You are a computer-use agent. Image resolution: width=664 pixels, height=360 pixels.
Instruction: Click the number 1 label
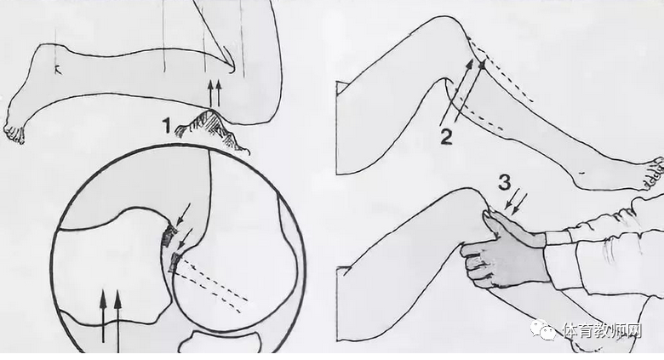click(x=166, y=126)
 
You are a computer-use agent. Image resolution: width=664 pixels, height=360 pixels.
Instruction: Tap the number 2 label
click(x=446, y=137)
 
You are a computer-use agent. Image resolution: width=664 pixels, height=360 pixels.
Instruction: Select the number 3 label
click(x=504, y=182)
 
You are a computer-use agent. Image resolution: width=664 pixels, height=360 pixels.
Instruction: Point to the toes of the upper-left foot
click(x=14, y=134)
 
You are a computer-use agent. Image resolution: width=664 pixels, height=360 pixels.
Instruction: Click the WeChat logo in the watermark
click(x=543, y=329)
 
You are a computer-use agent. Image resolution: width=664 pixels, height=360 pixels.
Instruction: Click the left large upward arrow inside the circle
click(x=103, y=316)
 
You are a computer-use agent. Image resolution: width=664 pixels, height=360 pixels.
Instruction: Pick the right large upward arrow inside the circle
click(x=117, y=321)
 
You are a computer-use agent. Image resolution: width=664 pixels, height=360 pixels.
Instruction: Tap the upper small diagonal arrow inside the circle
click(x=184, y=214)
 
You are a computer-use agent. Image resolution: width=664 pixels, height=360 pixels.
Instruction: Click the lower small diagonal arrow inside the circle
click(x=186, y=239)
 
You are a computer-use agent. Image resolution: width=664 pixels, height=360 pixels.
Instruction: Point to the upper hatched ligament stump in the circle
click(x=169, y=235)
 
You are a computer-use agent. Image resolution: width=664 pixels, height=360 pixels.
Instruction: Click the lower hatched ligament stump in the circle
click(x=174, y=263)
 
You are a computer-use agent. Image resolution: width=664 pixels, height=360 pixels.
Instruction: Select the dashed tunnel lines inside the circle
click(x=212, y=283)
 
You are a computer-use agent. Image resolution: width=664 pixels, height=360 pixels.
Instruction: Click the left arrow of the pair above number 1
click(x=210, y=94)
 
